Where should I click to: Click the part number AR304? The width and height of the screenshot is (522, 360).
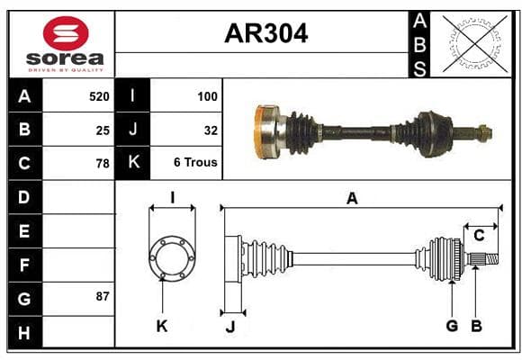coord(266,33)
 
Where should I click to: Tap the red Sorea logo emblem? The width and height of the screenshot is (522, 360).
coord(66,33)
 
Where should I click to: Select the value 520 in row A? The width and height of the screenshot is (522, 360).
coord(99,96)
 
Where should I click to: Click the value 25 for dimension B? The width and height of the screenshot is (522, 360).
coord(103,130)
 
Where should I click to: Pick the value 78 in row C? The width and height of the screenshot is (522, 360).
coord(103,164)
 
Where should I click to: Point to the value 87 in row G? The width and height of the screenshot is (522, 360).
coord(103,296)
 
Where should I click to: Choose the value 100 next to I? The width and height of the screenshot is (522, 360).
coord(207,96)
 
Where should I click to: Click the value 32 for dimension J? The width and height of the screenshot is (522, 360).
coord(211,130)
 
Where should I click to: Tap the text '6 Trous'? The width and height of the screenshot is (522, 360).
coord(195,162)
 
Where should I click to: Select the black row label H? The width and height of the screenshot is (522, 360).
coord(24,332)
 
